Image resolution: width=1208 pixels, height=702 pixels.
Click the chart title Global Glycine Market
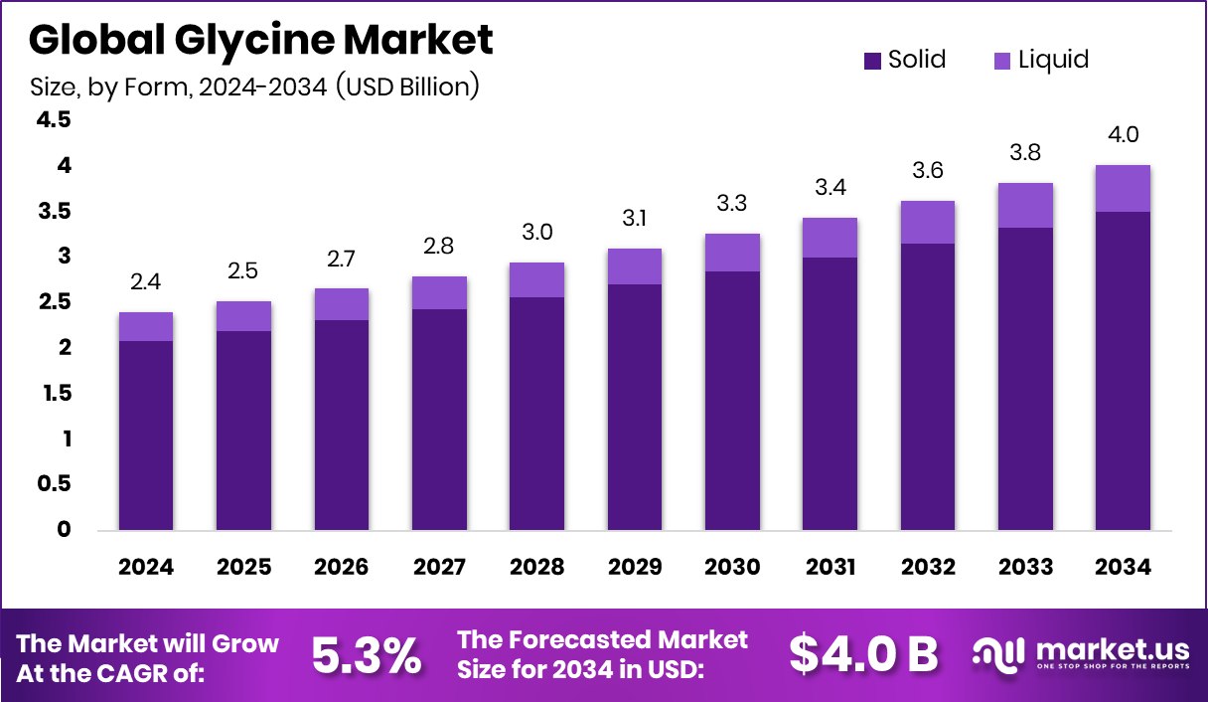coord(260,41)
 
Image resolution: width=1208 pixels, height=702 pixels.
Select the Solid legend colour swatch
coord(873,61)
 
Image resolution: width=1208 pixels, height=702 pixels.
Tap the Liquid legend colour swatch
coord(1002,61)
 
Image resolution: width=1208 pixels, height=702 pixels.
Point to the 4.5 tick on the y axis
coord(54,120)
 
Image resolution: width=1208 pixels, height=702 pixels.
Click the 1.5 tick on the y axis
coord(54,394)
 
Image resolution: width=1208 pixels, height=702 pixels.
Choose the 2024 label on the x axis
coord(146,568)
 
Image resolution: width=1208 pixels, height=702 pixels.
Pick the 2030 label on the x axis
coord(732,568)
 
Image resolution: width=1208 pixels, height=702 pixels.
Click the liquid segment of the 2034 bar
coord(1123,188)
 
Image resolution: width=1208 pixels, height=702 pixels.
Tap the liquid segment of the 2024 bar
coord(146,326)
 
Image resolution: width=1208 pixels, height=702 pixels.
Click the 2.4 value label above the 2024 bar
coord(146,283)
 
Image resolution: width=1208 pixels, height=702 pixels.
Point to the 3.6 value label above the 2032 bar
coord(928,171)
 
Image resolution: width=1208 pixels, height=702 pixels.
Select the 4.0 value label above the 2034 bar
coord(1123,135)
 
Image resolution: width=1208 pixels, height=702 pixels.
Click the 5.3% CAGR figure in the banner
coord(367,655)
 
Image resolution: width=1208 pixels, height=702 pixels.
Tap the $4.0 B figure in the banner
coord(863,654)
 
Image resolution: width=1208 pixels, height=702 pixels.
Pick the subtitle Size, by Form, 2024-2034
coord(254,88)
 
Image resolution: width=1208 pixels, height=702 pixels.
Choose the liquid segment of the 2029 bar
coord(635,266)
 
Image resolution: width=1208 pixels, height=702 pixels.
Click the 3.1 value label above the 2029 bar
coord(635,219)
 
